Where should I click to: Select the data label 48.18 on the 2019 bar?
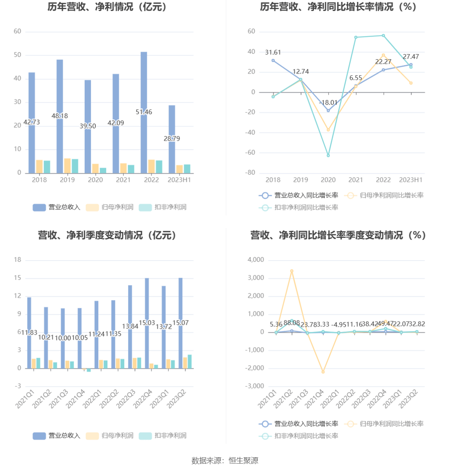(60, 116)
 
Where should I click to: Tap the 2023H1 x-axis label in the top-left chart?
(179, 180)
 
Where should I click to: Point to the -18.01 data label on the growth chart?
(328, 103)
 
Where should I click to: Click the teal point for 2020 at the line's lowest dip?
(328, 156)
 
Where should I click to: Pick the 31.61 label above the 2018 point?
(273, 53)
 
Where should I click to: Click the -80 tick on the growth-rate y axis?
(251, 173)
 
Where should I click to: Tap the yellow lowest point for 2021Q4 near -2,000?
(323, 372)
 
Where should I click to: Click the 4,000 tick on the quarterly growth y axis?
(256, 260)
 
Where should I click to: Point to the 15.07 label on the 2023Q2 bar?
(181, 323)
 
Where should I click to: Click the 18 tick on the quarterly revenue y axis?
(18, 260)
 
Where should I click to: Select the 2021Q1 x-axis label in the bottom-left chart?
(25, 399)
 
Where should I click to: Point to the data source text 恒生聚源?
(243, 461)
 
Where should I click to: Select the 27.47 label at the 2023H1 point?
(411, 57)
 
